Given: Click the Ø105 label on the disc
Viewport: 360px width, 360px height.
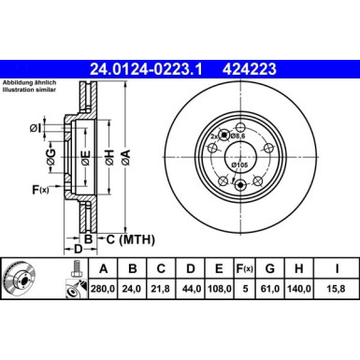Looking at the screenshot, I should click(x=240, y=166).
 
